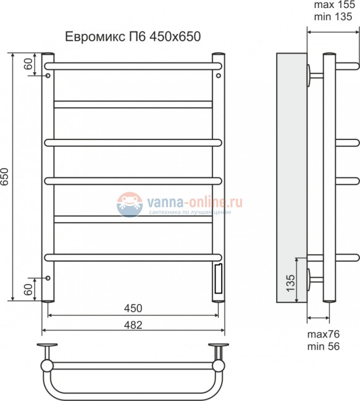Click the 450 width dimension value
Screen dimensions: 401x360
133,308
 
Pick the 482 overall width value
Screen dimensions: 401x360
133,325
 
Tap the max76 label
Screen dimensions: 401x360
325,335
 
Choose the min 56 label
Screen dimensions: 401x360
325,347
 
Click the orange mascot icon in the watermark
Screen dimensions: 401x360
128,203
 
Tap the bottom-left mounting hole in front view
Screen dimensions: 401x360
48,278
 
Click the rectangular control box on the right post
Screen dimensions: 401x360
218,278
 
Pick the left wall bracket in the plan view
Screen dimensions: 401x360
48,347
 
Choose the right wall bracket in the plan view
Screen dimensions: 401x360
218,347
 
